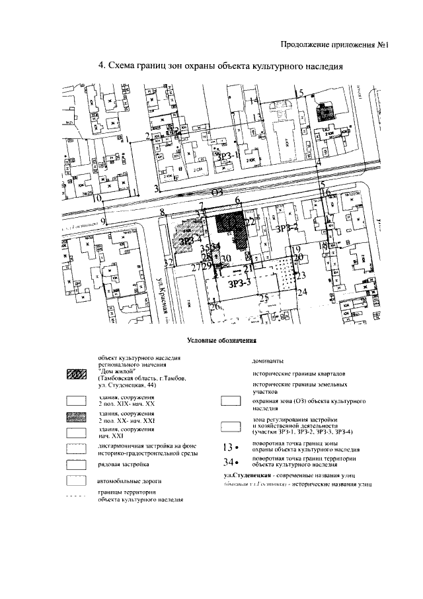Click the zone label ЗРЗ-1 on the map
point(228,158)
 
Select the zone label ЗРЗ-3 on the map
point(239,284)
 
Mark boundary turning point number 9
point(102,222)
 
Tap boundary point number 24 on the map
point(303,292)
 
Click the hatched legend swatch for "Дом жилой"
point(77,376)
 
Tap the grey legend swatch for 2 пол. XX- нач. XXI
point(77,417)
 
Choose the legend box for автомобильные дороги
point(77,481)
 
